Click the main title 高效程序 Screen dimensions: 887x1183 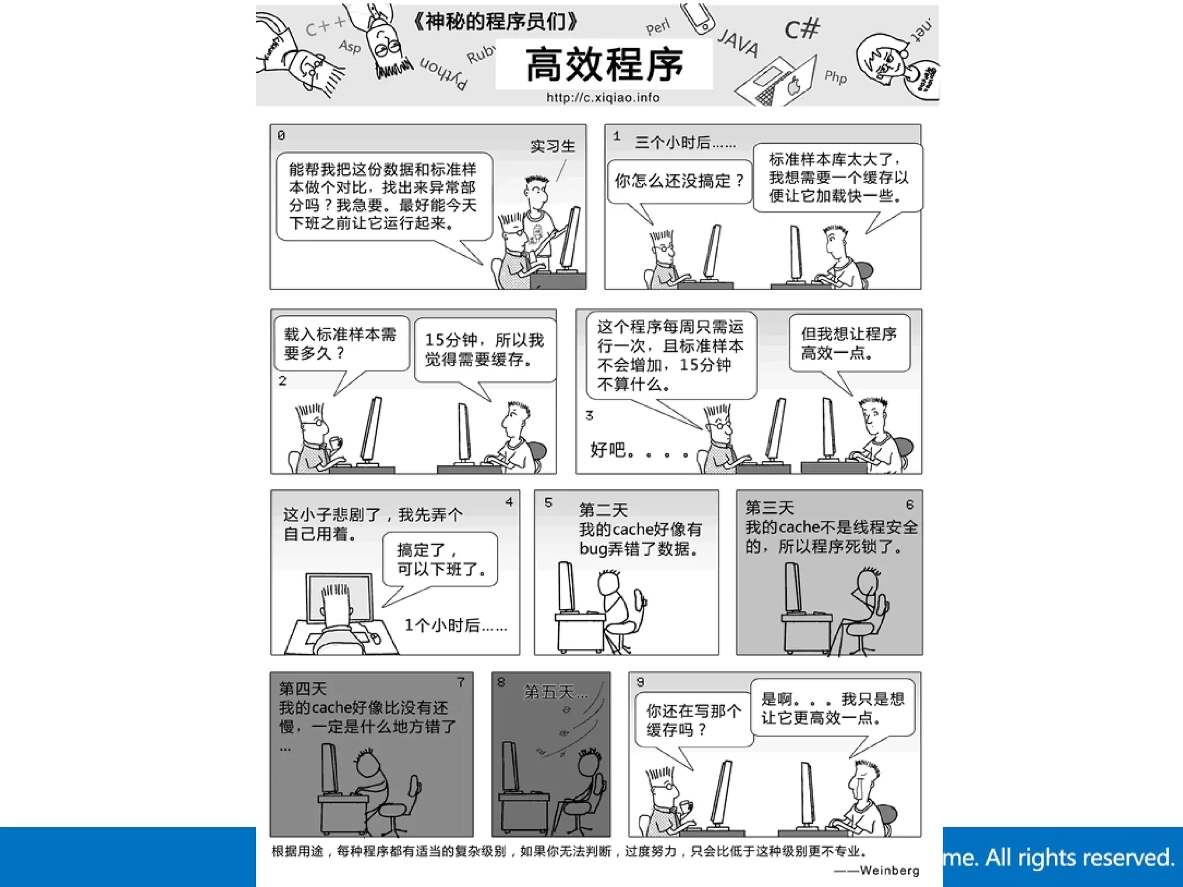coord(604,65)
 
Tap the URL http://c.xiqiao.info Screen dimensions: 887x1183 coord(603,98)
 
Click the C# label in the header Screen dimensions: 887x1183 coord(802,29)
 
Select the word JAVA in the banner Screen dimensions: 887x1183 coord(738,43)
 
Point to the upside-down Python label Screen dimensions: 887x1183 coord(444,73)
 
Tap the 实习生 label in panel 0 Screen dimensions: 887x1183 coord(553,146)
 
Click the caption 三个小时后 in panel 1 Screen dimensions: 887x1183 coord(685,143)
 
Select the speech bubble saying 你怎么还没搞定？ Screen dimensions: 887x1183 coord(679,181)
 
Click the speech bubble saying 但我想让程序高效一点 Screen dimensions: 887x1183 coord(849,343)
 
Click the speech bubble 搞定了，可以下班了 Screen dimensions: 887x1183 coord(440,559)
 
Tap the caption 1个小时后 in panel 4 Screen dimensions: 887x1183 coord(455,625)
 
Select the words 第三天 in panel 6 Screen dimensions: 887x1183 coord(769,508)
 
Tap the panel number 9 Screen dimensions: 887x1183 coord(640,682)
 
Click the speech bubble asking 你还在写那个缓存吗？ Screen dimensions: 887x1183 coord(693,720)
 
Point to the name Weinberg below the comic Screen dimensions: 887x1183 coord(889,870)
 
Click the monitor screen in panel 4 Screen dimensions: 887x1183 coord(340,597)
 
